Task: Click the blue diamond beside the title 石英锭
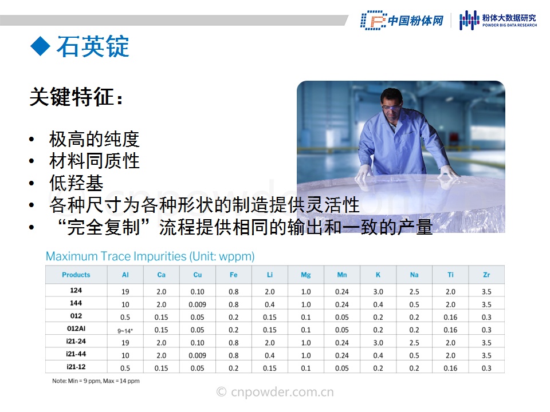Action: [40, 46]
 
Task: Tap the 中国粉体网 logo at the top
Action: [402, 21]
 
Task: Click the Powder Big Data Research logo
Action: [498, 20]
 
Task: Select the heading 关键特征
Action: [76, 97]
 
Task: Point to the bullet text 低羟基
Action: [76, 183]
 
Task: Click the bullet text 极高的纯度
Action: [95, 139]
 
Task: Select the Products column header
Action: [76, 275]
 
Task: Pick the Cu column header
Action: [198, 275]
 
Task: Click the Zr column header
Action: [486, 275]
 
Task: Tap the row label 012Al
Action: [76, 328]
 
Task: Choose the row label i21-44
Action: [76, 354]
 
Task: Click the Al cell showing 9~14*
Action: [125, 331]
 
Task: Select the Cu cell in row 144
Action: [198, 304]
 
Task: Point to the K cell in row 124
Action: [378, 291]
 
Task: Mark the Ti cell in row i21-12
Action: [450, 368]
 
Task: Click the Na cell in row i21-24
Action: [414, 343]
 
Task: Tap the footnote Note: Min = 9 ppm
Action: [96, 381]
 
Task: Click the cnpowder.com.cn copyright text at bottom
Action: [275, 391]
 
